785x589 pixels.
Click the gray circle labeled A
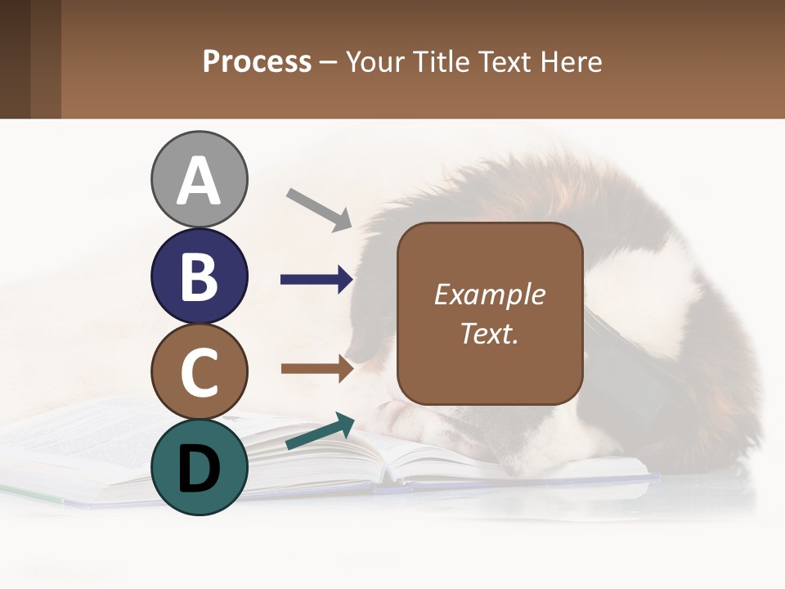(x=199, y=179)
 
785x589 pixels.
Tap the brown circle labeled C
(x=199, y=371)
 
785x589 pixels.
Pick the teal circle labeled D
(x=199, y=467)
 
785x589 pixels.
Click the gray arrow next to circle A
(x=319, y=209)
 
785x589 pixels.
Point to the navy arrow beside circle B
(x=316, y=281)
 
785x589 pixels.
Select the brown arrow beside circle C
(x=316, y=369)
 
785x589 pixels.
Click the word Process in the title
(x=257, y=62)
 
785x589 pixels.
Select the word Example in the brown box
(x=489, y=294)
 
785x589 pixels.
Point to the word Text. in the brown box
(x=489, y=333)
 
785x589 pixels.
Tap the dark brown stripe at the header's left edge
(x=15, y=59)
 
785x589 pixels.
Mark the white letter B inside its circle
(x=199, y=277)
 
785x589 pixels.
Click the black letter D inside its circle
(x=199, y=468)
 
